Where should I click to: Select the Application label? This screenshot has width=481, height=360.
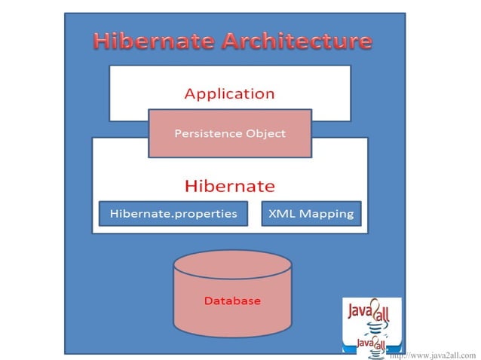point(229,94)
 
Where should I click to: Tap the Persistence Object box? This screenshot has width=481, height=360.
point(230,134)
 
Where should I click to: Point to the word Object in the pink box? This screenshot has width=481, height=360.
point(265,134)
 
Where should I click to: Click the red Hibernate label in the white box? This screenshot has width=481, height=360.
point(230,185)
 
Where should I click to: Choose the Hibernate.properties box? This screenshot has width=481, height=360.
point(173,214)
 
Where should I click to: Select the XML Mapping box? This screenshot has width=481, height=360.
point(311,214)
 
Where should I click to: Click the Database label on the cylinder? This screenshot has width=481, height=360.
point(232,301)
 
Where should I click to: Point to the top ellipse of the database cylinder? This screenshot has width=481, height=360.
point(232,265)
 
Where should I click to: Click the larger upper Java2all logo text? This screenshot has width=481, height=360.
point(367,311)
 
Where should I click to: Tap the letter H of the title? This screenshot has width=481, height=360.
point(101,41)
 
